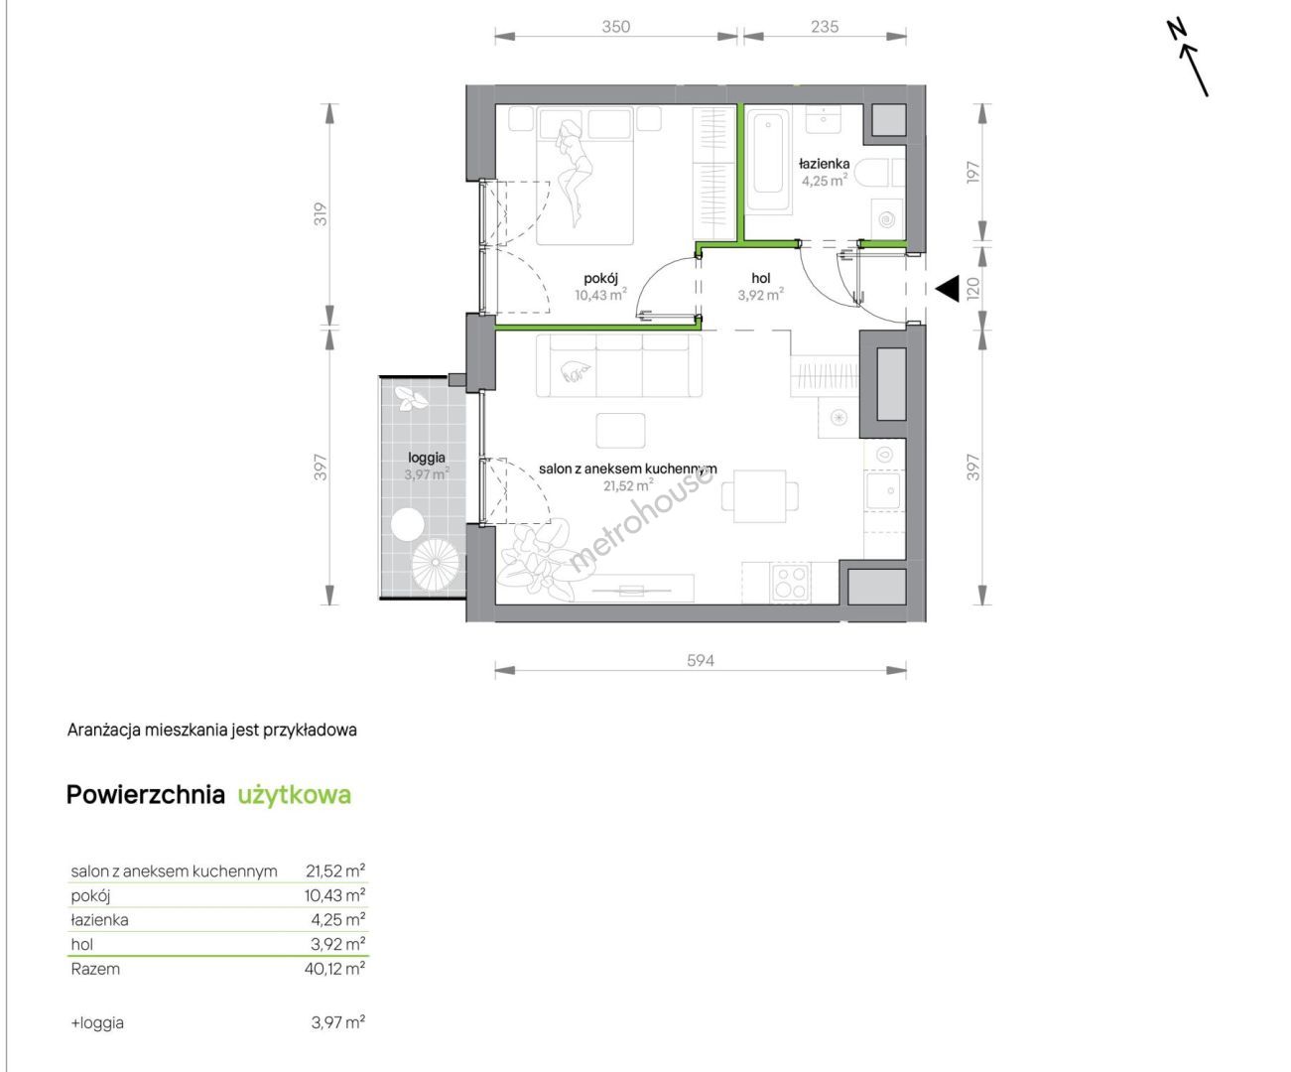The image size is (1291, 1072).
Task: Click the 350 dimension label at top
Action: click(x=616, y=27)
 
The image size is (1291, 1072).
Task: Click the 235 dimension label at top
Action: click(x=825, y=27)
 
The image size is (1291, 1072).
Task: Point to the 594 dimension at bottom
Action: click(x=701, y=661)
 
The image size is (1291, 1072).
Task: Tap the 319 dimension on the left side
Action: click(x=321, y=214)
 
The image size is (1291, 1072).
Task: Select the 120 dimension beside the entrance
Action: click(x=973, y=288)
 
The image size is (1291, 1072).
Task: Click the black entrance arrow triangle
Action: click(x=948, y=288)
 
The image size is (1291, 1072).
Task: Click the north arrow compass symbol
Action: click(x=1188, y=59)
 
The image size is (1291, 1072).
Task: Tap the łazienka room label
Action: click(x=825, y=164)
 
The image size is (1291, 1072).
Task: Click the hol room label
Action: click(x=761, y=278)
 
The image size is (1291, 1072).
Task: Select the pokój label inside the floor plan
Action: click(x=601, y=279)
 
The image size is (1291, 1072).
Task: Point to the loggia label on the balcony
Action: click(x=427, y=458)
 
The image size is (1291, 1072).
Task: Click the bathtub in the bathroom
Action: click(x=768, y=161)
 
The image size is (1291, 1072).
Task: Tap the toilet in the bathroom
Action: click(x=882, y=173)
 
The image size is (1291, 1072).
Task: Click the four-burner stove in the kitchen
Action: click(x=790, y=582)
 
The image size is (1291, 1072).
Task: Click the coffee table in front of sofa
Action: click(x=621, y=430)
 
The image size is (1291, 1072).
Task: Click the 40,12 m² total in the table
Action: click(x=334, y=969)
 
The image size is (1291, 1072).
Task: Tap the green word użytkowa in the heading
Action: click(x=295, y=795)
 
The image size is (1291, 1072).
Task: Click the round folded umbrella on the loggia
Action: click(x=436, y=563)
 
